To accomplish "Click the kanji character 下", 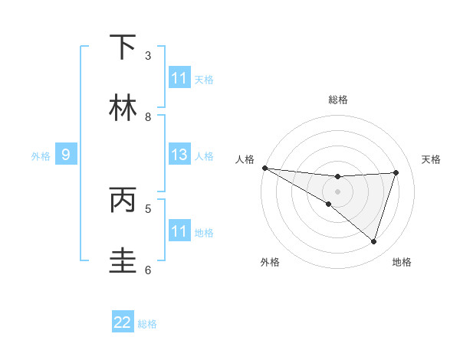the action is (123, 47).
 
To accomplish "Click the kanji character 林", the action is (123, 108).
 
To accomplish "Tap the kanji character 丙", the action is (123, 200).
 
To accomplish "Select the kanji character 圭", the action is (123, 261).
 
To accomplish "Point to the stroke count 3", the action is (148, 56).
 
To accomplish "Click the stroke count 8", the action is (148, 117).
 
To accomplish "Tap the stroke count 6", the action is (148, 270).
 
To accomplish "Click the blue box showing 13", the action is (179, 155).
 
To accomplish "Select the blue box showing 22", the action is (123, 323).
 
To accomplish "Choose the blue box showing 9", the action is (66, 155).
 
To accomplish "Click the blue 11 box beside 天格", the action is (179, 78).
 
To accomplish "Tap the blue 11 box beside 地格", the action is (179, 231).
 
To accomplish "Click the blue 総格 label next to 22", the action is (147, 324).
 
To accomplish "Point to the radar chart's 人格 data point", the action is (264, 168).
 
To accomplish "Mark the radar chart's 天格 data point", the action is (396, 172).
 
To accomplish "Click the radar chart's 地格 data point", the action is (374, 242).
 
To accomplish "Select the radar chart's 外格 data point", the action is (328, 204).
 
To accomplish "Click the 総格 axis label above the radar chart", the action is (338, 100).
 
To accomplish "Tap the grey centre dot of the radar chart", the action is (337, 191).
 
